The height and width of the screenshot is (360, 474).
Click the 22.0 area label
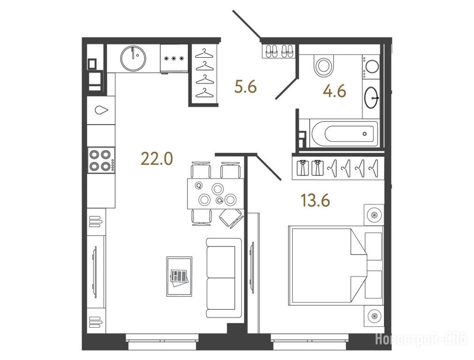156,159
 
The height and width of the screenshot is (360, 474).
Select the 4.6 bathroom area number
334,91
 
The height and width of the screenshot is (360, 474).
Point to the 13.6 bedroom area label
315,201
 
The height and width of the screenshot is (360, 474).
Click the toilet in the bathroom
324,65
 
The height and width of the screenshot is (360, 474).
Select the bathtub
344,134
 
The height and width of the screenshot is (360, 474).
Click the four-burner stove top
101,160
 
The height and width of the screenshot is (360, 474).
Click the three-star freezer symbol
174,59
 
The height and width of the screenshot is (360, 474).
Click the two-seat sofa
224,277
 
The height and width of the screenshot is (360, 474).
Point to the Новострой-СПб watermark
422,339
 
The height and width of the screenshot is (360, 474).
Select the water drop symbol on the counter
101,110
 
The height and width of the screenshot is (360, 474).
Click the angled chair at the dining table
231,218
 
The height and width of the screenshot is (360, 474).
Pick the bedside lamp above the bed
374,215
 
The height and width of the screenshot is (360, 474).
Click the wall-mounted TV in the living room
96,272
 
